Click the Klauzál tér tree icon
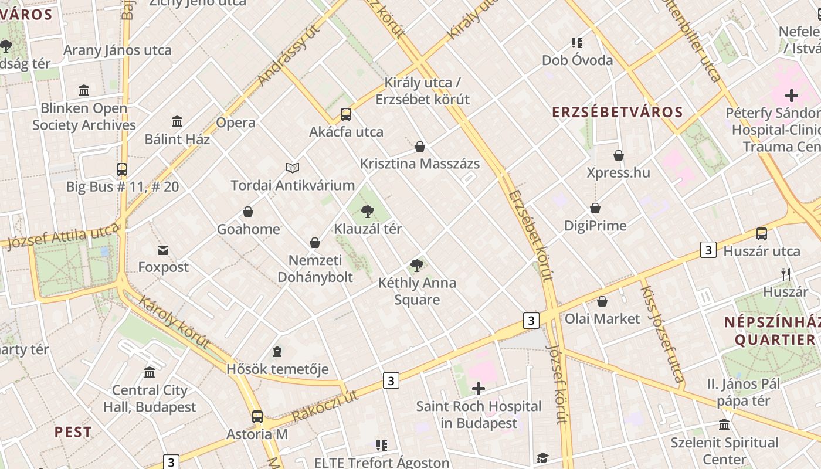click(x=368, y=211)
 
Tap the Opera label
click(x=236, y=123)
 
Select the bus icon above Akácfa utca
click(x=346, y=114)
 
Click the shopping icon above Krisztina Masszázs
click(x=420, y=147)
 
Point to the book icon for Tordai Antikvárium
click(x=293, y=168)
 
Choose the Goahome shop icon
click(x=248, y=212)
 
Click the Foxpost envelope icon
click(x=163, y=250)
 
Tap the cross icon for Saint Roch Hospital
click(x=479, y=389)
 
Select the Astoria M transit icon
click(x=257, y=417)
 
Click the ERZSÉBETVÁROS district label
click(x=618, y=113)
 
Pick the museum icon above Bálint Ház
click(x=177, y=122)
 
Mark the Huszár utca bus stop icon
click(x=762, y=234)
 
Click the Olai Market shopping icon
click(x=602, y=302)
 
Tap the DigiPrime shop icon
click(x=595, y=209)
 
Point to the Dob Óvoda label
click(x=577, y=60)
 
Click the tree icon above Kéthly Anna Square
click(x=417, y=266)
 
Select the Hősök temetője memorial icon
click(x=277, y=352)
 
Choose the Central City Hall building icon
click(x=150, y=373)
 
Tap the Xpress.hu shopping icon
click(x=619, y=155)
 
